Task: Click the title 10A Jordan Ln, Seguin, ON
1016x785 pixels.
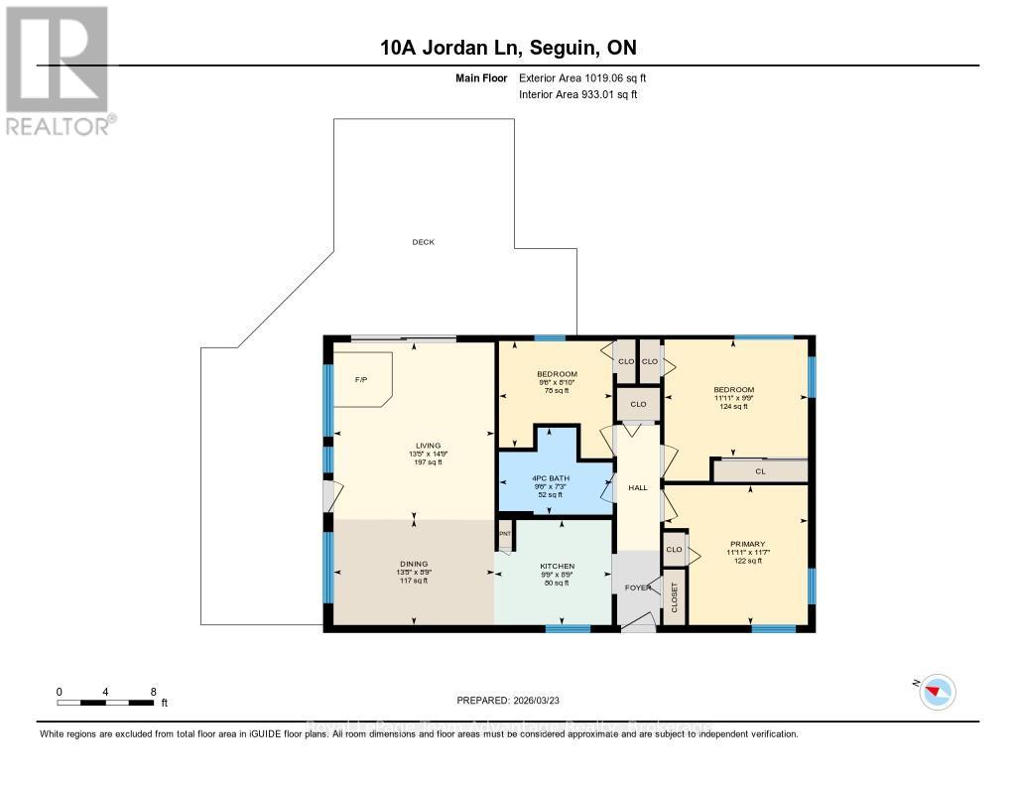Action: [507, 47]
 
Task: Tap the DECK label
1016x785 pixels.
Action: [424, 242]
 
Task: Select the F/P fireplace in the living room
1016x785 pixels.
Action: [362, 379]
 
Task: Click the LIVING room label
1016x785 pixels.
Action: [429, 446]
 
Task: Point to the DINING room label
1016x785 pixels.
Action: [415, 564]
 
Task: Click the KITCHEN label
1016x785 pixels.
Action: [558, 567]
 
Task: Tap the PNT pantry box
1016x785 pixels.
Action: [504, 534]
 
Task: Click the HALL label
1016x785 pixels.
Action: [638, 487]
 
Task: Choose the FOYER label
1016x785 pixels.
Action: [638, 588]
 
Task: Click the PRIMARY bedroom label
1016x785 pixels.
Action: [747, 544]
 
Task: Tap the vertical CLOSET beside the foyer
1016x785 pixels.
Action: [675, 603]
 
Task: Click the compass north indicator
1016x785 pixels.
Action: [937, 692]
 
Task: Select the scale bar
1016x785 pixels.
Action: [105, 703]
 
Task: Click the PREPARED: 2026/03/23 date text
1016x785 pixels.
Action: [507, 700]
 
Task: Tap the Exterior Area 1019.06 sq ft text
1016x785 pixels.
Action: [582, 78]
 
